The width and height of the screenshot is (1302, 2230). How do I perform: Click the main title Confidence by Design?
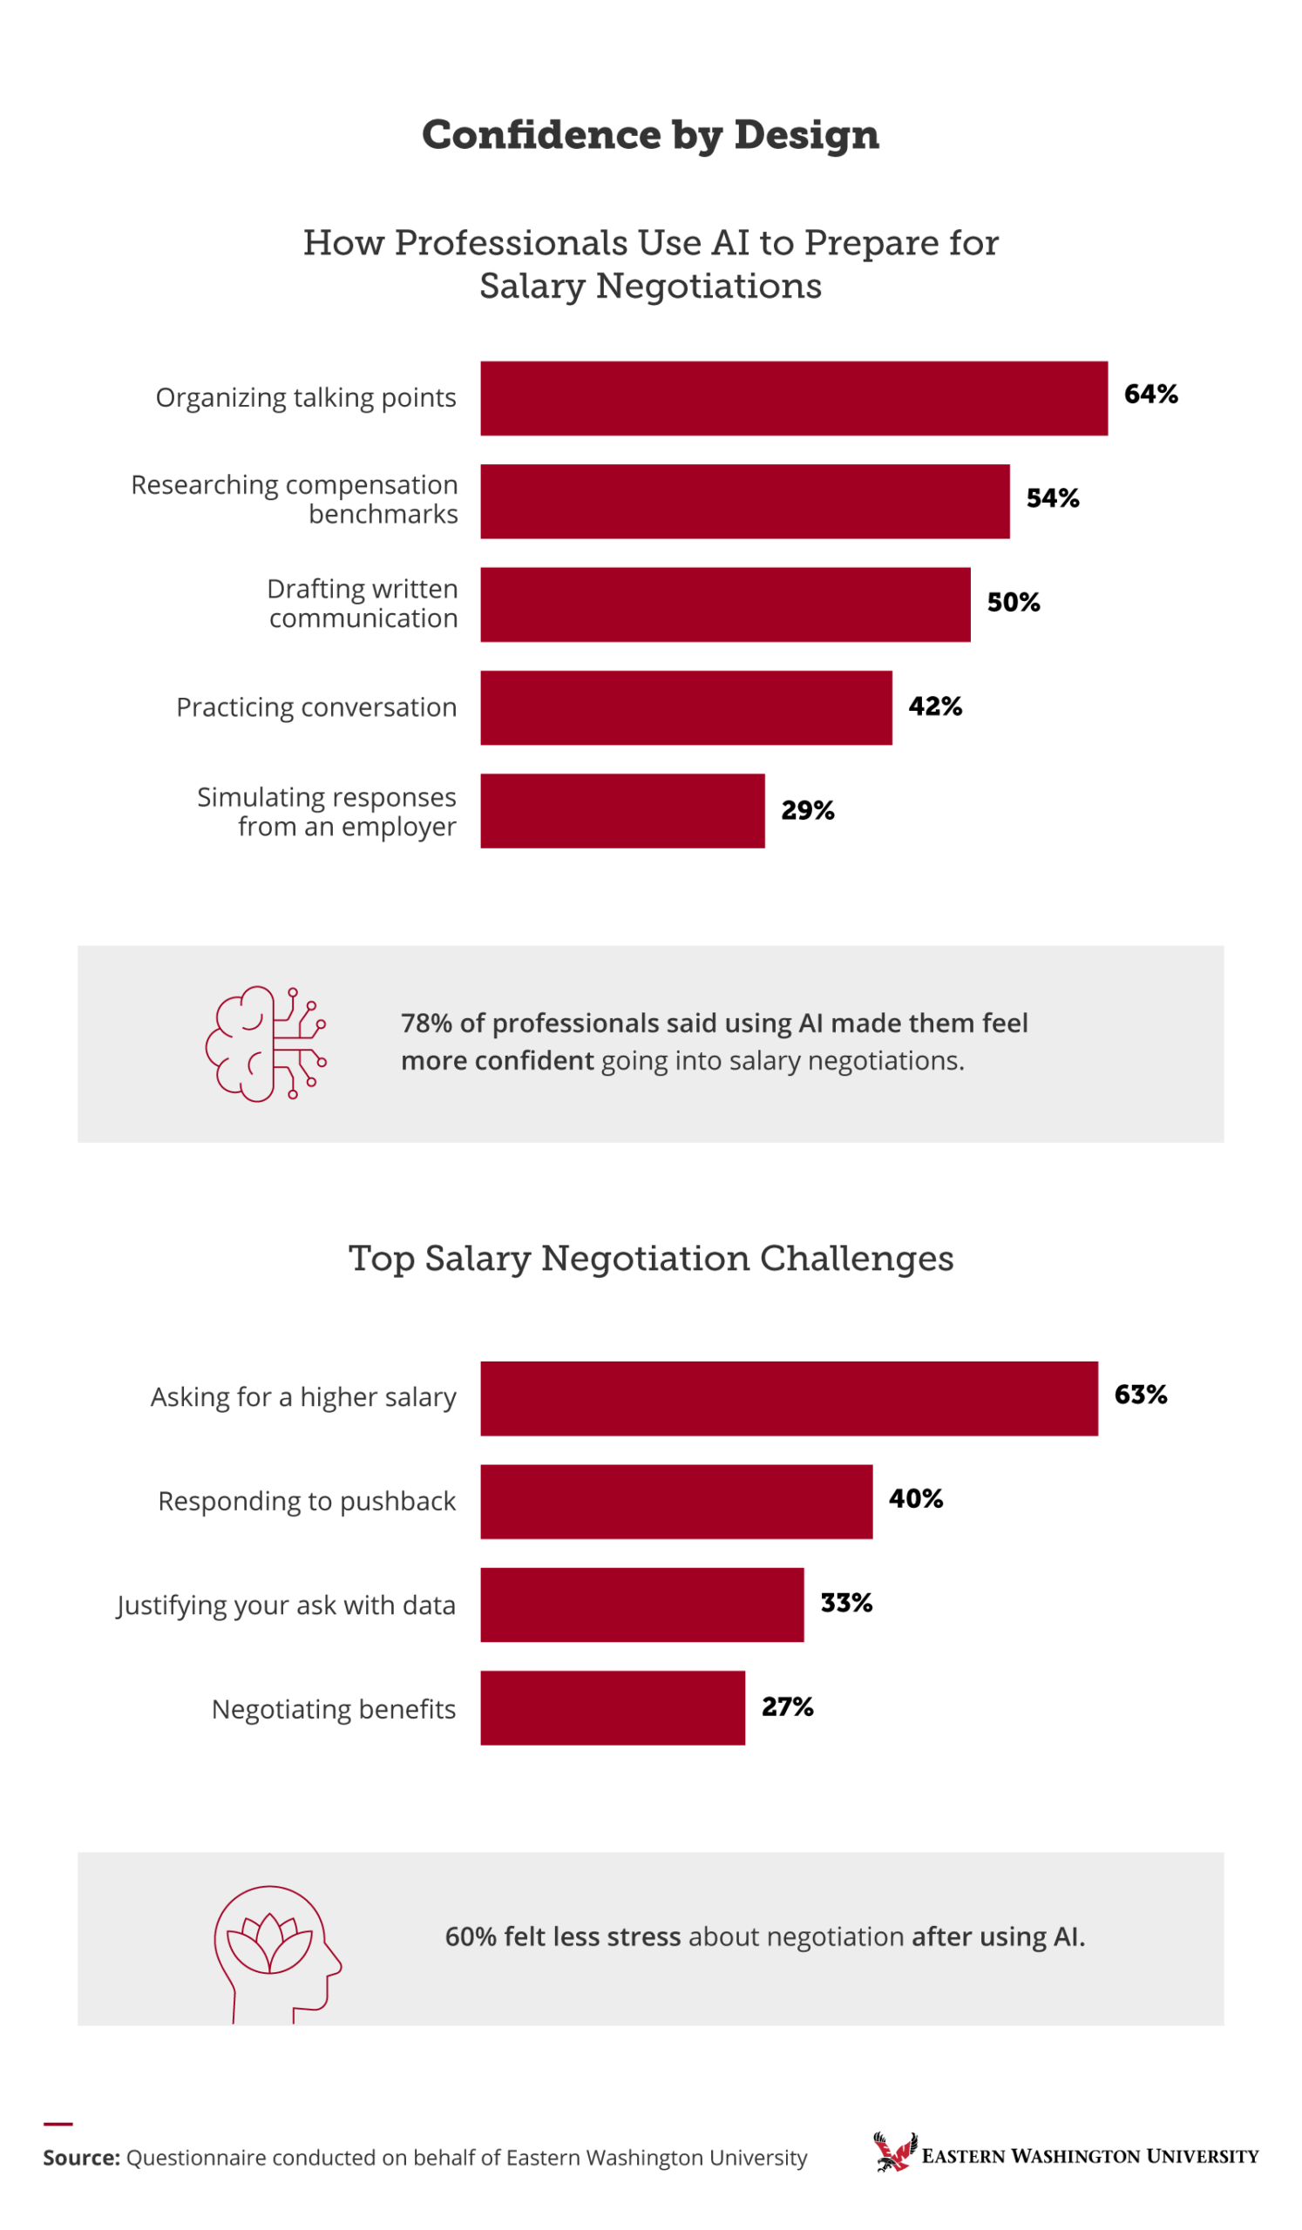coord(650,134)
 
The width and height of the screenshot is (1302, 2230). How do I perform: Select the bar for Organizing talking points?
coord(794,398)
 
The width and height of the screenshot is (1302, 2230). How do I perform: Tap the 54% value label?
coord(1053,498)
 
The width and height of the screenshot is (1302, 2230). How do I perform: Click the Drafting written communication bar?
coord(725,605)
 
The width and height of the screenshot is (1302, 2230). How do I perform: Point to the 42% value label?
coord(935,706)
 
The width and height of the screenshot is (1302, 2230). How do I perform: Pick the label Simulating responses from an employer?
coord(328,812)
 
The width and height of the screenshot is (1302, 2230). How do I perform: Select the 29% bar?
coord(622,811)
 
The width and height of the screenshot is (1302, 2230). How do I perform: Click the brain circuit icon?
coord(266,1044)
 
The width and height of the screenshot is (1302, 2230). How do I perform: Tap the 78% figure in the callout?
coord(426,1023)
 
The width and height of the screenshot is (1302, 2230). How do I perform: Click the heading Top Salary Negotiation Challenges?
coord(650,1258)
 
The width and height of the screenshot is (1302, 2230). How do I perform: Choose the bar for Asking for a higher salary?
coord(789,1398)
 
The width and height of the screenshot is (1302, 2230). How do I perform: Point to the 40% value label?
coord(915,1498)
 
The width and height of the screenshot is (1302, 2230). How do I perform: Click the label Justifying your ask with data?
coord(286,1605)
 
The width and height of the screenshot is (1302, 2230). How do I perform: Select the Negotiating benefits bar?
coord(613,1708)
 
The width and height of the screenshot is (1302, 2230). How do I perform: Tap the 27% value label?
coord(787,1706)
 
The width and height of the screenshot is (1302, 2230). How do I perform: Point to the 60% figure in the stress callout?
coord(471,1937)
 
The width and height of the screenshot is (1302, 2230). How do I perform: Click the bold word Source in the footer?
coord(80,2158)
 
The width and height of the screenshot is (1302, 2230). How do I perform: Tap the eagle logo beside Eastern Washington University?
coord(894,2152)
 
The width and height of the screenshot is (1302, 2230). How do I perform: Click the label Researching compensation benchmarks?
coord(295,499)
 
